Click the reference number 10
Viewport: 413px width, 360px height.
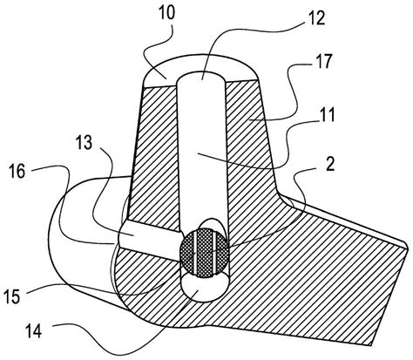tap(166, 14)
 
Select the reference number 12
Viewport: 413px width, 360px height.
tap(316, 18)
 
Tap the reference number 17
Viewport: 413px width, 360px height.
tap(323, 62)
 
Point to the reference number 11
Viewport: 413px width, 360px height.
tap(328, 115)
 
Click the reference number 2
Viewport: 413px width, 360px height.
tap(330, 165)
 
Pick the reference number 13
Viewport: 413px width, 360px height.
tap(84, 143)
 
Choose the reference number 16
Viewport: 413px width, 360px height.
tap(17, 171)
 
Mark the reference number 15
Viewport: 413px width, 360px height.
tap(11, 296)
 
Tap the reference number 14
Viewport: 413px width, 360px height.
tap(33, 331)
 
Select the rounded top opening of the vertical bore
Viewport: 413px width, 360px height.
tap(201, 77)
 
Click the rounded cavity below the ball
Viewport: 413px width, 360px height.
tap(205, 289)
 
